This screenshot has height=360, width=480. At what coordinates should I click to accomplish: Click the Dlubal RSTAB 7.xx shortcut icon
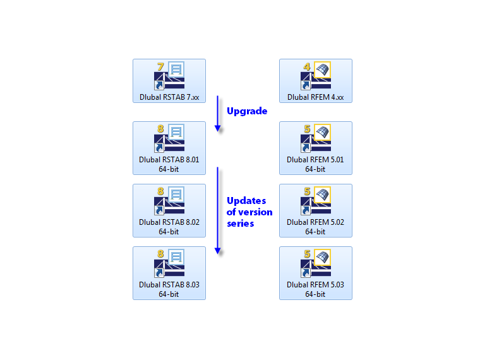point(169,76)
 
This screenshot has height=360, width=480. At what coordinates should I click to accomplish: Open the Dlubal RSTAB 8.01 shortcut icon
point(169,139)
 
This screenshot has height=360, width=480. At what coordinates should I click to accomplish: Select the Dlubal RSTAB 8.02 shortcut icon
point(169,201)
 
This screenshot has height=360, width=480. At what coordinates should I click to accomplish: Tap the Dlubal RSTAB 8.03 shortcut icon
point(169,264)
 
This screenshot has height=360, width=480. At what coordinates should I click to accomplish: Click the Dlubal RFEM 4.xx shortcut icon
point(316,76)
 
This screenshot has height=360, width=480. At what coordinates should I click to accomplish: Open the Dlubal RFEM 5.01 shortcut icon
point(316,139)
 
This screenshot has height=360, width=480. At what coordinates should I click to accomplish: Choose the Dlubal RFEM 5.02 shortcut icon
point(316,201)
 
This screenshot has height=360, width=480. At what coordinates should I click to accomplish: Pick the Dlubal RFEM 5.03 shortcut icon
point(316,264)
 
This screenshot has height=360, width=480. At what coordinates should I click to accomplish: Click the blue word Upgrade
point(247,111)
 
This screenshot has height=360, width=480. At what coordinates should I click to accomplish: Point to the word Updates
point(247,201)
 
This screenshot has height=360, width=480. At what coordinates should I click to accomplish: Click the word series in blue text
point(241,224)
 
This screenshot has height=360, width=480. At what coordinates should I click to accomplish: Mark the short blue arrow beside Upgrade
point(217,114)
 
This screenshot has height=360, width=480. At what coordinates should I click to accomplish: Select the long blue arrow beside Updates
point(217,210)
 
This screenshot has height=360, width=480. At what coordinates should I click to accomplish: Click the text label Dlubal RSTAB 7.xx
point(169,97)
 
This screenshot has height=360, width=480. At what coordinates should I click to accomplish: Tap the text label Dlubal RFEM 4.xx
point(316,97)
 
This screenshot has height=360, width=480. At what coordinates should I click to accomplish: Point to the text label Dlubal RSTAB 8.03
point(169,285)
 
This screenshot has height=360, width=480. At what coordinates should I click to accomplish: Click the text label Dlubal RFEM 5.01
point(316,160)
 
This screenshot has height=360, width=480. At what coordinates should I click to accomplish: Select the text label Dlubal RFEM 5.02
point(316,222)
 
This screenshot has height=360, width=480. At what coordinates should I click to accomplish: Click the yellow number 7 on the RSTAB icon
point(160,67)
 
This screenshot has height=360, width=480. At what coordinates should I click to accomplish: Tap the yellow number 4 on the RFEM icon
point(307,67)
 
